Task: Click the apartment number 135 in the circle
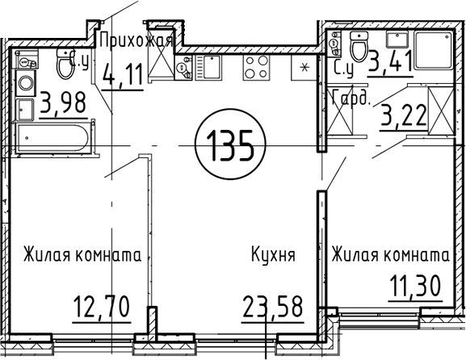230,146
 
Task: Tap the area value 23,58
272,307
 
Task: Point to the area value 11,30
415,286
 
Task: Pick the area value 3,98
63,103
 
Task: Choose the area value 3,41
390,61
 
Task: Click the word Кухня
274,254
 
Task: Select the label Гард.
351,97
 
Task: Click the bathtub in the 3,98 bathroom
53,138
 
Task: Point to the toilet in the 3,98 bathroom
65,63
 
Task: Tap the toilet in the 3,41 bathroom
359,46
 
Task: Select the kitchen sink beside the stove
208,68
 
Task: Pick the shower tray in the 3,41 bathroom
434,51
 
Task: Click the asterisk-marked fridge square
304,68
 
